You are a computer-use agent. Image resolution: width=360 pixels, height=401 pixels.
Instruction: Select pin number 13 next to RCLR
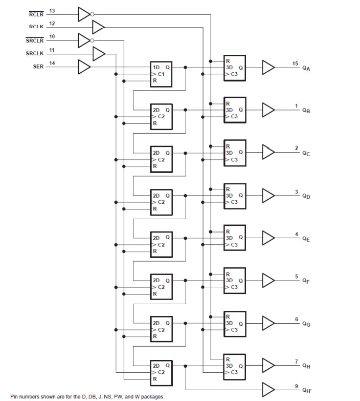[52, 11]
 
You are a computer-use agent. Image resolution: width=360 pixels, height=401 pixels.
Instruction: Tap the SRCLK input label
[34, 53]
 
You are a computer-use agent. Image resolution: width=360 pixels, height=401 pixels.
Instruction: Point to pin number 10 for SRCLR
[52, 36]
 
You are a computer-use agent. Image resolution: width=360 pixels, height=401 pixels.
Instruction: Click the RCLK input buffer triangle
[98, 26]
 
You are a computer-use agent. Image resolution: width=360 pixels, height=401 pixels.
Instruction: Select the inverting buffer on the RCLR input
[84, 14]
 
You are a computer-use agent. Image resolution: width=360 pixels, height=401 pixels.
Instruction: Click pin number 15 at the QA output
[295, 63]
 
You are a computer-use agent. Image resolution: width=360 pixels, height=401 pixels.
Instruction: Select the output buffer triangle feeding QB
[267, 110]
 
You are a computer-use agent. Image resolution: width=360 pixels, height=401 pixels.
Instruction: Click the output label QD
[306, 196]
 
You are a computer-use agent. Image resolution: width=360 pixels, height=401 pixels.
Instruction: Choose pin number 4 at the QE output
[296, 234]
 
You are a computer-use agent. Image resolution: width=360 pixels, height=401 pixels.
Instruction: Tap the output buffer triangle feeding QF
[267, 280]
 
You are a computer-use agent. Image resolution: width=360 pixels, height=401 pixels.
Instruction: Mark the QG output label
[306, 324]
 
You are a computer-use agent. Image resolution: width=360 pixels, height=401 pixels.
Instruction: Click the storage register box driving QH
[235, 366]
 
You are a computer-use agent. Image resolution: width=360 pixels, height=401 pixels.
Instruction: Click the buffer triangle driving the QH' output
[267, 390]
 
